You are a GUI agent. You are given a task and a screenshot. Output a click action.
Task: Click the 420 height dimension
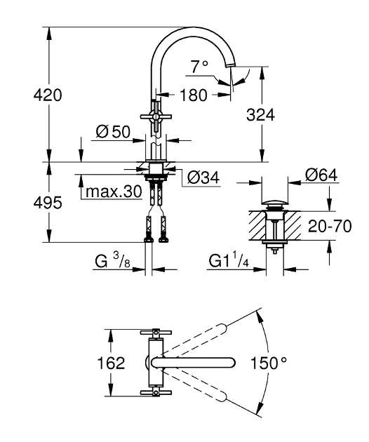tap(48, 95)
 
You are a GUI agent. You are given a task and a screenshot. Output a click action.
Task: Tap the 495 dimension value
tap(48, 203)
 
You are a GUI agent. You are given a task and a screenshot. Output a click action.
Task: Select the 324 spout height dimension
tap(260, 115)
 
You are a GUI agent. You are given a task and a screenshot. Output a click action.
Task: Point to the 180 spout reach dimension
tap(194, 95)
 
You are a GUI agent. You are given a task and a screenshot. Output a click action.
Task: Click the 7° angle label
tap(199, 67)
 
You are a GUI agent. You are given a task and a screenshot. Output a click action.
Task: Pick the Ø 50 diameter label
tap(113, 132)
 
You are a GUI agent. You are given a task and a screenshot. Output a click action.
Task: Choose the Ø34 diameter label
tap(203, 178)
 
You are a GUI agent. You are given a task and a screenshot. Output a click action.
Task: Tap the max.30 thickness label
tap(114, 192)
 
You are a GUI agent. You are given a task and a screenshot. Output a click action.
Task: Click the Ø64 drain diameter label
tap(321, 175)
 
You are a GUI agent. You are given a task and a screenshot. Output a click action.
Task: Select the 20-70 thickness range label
tap(330, 226)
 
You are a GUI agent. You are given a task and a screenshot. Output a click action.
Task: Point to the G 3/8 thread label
tap(112, 260)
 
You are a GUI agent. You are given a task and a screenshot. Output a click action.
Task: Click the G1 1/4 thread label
tap(229, 260)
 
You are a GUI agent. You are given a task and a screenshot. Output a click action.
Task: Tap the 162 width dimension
tap(111, 363)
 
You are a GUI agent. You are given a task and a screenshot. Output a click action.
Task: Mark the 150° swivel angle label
tap(269, 363)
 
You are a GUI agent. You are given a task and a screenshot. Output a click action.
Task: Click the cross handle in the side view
tap(156, 116)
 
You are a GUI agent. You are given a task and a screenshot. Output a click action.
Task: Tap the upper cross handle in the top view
tap(156, 333)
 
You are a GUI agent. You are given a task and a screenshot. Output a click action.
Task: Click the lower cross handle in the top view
tap(156, 392)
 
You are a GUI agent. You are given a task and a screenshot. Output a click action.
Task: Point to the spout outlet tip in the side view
tap(231, 65)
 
